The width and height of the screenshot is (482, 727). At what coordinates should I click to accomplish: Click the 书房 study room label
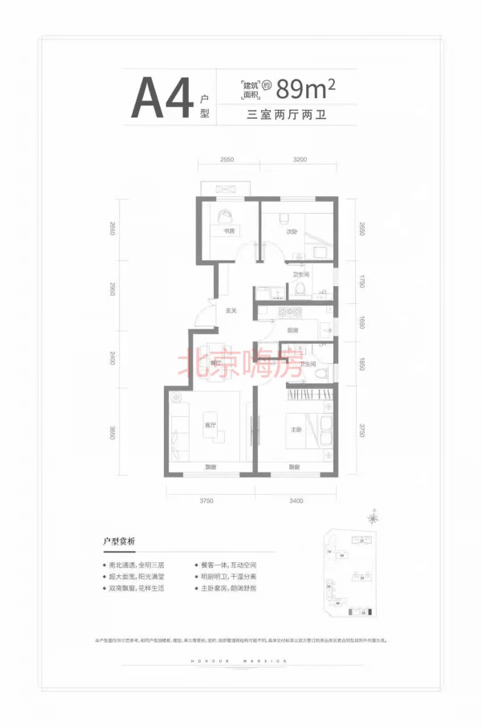tap(228, 231)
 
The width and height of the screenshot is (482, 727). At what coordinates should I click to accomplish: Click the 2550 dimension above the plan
tap(227, 161)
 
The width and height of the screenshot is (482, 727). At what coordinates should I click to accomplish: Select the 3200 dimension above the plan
tap(300, 161)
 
